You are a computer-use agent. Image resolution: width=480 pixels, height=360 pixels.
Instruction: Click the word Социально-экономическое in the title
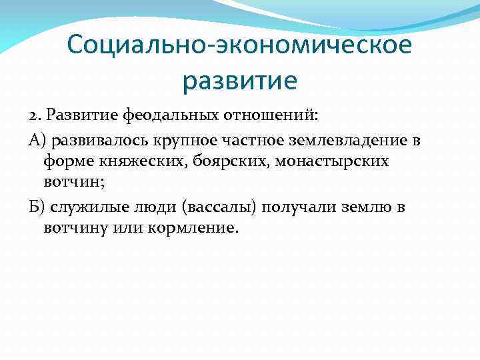[239, 46]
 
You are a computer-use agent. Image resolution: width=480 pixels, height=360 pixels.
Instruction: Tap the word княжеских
[117, 161]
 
